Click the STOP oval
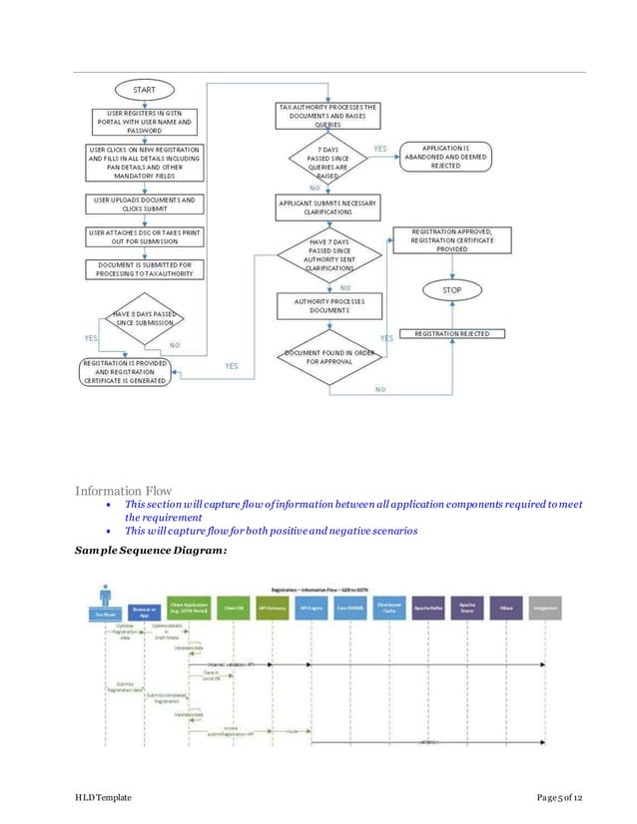(x=451, y=290)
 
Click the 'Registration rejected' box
(x=451, y=333)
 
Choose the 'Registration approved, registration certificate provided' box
(x=451, y=240)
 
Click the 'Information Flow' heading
(x=123, y=490)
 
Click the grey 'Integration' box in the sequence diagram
(x=545, y=608)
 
